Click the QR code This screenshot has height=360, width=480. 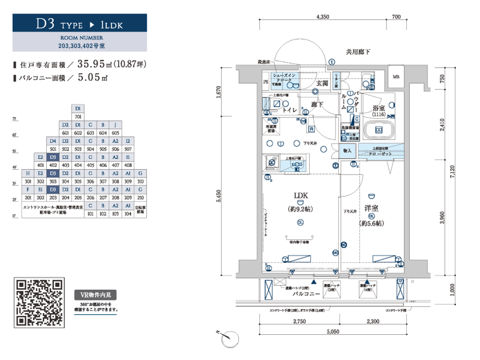(39, 303)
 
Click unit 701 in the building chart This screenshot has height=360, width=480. (78, 116)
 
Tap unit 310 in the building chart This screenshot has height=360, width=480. (140, 181)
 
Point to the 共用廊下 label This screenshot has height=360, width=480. (358, 52)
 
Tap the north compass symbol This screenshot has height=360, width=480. (231, 339)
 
